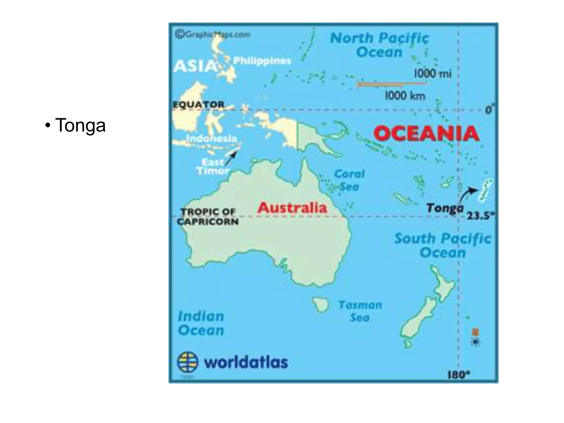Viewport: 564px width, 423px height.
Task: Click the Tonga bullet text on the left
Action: click(80, 125)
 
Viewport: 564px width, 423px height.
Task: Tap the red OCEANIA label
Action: click(426, 134)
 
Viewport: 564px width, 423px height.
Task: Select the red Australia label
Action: click(292, 207)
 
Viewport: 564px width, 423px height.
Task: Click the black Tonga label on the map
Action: click(444, 208)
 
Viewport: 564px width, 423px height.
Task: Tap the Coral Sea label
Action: click(349, 180)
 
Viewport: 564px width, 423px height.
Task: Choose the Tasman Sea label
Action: click(360, 311)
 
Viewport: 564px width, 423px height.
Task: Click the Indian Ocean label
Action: click(201, 323)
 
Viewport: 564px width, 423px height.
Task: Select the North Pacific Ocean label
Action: click(379, 45)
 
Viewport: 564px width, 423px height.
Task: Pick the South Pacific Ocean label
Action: click(442, 245)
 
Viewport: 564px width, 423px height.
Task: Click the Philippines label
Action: click(262, 61)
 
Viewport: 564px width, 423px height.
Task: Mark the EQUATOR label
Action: click(199, 105)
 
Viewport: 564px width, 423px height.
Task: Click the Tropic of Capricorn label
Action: click(208, 217)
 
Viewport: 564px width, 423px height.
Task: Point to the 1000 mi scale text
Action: click(433, 74)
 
